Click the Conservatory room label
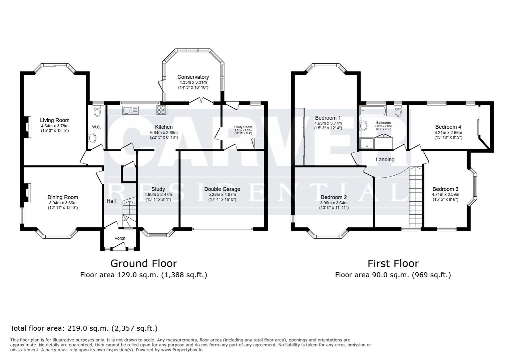click(193, 77)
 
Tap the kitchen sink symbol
click(130, 110)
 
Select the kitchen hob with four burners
click(162, 110)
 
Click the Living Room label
click(55, 120)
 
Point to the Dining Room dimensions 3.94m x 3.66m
click(63, 203)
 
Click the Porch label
click(120, 238)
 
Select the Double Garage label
click(222, 189)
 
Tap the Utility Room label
click(243, 127)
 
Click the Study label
click(158, 189)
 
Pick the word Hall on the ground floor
click(111, 201)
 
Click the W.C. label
click(96, 127)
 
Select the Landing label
click(385, 159)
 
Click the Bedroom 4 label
click(448, 127)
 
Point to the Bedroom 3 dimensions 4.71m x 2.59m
click(445, 194)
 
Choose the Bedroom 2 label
click(334, 197)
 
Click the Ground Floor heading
click(143, 263)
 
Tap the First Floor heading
click(393, 263)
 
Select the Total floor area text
click(84, 328)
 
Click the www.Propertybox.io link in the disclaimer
click(182, 350)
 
